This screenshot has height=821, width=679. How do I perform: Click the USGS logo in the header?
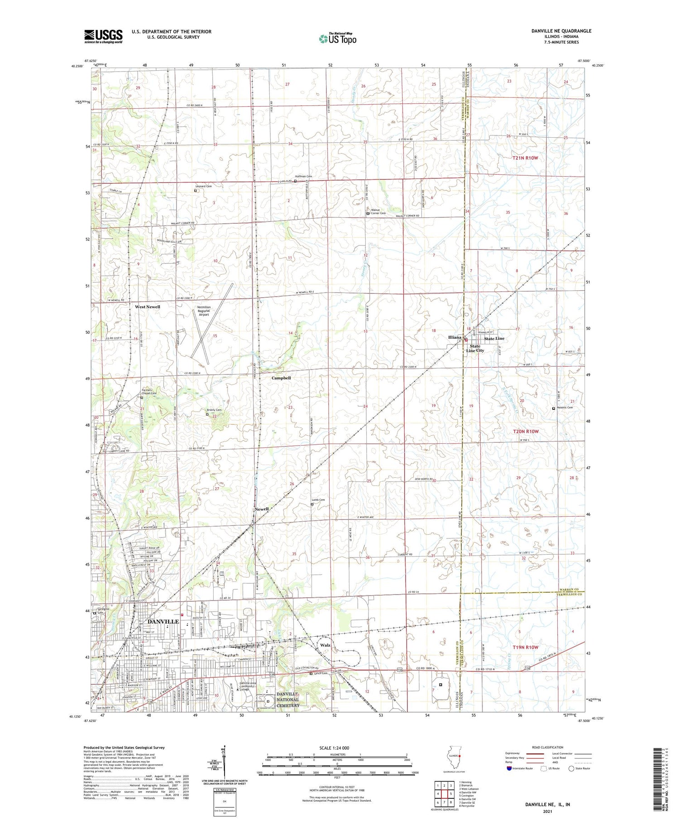(x=103, y=36)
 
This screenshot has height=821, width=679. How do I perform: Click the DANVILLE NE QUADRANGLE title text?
(x=561, y=31)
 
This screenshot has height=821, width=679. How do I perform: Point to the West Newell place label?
(x=148, y=307)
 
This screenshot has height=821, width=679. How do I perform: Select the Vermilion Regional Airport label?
(x=204, y=311)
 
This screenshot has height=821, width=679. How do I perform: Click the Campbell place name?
(x=281, y=378)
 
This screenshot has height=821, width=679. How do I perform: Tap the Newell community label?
(x=262, y=509)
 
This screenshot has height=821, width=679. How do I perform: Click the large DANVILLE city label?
(x=157, y=622)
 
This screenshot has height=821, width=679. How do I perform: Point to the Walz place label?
(x=325, y=645)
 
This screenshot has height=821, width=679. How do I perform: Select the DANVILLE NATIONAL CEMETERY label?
(x=288, y=700)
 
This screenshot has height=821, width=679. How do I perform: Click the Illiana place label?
(x=454, y=337)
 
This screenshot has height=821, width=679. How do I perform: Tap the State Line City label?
(x=475, y=348)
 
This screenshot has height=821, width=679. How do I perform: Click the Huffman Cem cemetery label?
(x=303, y=176)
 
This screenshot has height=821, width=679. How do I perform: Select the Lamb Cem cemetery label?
(x=318, y=500)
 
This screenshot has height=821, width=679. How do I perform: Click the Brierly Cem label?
(x=214, y=410)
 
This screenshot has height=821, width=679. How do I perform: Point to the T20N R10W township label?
(x=526, y=432)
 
